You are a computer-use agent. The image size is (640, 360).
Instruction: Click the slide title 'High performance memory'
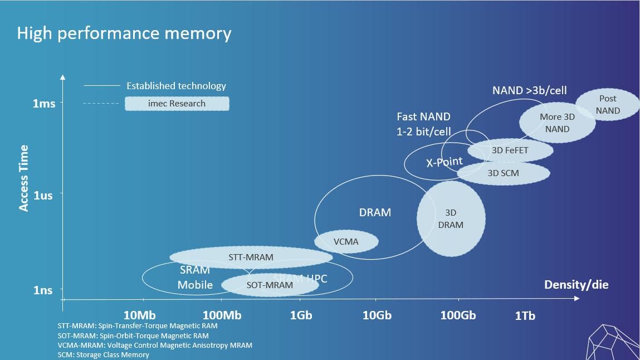pos(124,33)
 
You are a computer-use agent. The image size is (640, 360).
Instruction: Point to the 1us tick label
pos(43,196)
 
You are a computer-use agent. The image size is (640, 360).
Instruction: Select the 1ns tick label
pos(43,290)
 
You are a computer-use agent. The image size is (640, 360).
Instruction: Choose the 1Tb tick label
pos(525,316)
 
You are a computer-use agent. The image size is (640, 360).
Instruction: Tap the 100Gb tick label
pos(458,315)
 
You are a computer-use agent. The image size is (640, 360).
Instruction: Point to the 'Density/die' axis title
pos(576,285)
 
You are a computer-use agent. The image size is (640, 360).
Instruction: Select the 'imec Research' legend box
pos(177,104)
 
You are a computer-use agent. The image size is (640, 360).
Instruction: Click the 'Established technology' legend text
pos(176,86)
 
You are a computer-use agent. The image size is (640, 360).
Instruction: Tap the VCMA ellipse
pos(346,242)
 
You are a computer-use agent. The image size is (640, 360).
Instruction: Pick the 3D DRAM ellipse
pos(451,218)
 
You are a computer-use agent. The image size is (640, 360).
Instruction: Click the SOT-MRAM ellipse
pos(270,285)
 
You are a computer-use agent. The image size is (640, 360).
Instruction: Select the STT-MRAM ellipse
pos(251,257)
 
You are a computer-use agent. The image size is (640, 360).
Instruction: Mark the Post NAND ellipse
pos(607,104)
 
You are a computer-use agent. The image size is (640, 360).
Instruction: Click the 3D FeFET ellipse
pos(510,150)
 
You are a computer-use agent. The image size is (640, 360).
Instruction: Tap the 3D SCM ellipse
pos(503,173)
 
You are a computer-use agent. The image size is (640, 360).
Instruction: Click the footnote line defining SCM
pos(104,354)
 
